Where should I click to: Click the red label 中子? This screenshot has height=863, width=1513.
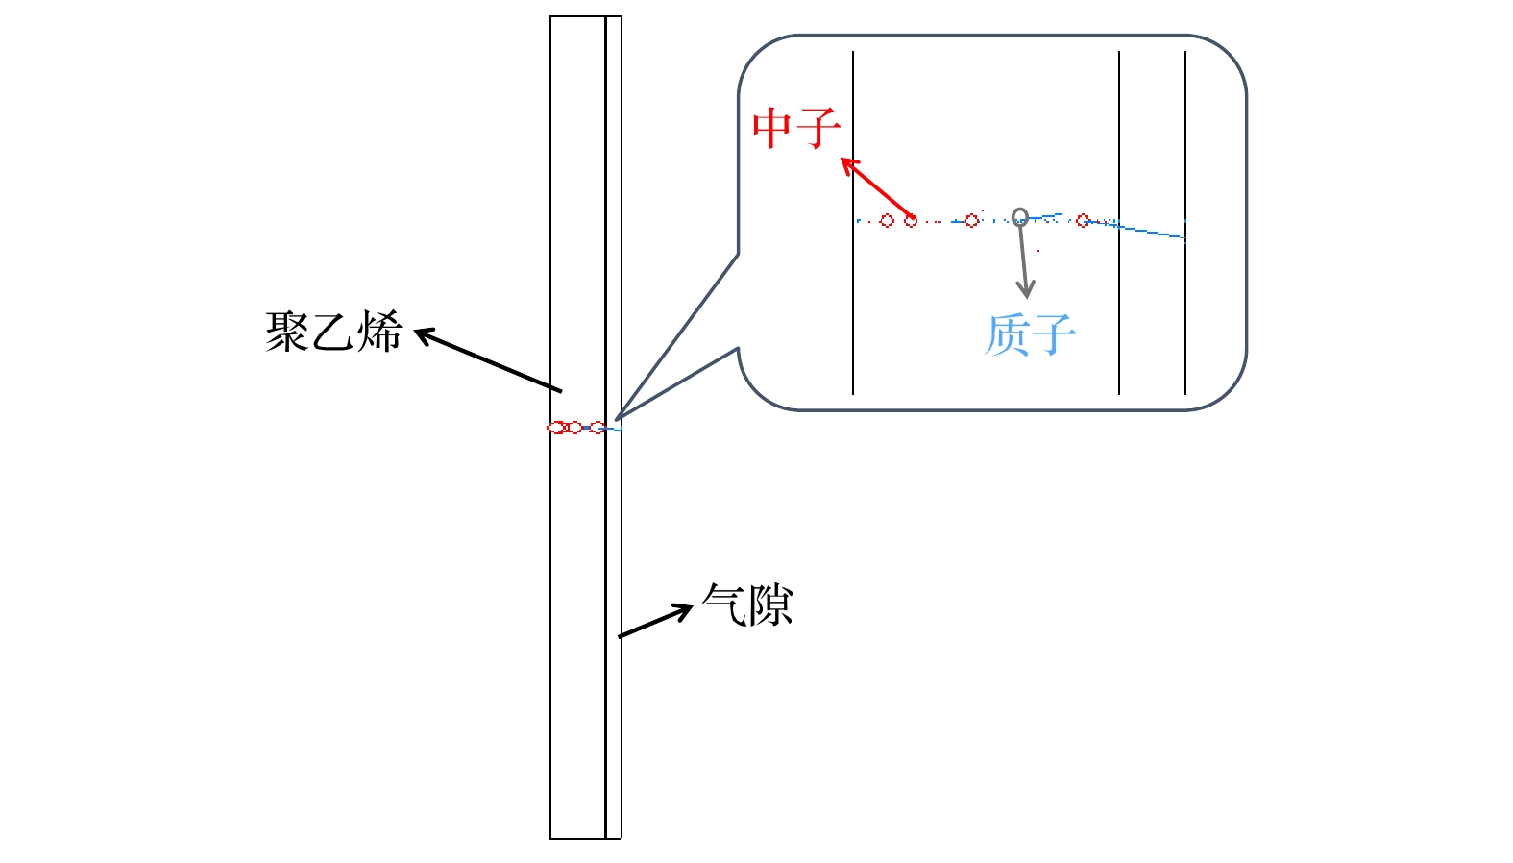796,128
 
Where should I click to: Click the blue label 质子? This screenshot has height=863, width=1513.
1030,335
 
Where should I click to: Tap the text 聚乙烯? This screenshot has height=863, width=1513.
333,332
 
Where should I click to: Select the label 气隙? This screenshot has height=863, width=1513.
747,605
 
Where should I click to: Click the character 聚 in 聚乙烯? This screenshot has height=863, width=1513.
287,332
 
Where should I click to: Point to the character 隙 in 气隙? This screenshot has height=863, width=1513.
770,605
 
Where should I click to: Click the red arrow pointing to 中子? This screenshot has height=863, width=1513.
876,187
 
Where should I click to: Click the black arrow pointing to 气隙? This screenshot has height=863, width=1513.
656,621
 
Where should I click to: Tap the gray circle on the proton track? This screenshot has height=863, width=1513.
1020,217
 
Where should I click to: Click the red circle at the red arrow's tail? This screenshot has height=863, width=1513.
911,221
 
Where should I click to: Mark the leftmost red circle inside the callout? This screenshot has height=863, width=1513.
887,221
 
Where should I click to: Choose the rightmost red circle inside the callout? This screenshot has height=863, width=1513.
1084,220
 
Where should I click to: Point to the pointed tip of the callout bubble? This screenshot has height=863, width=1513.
617,418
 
